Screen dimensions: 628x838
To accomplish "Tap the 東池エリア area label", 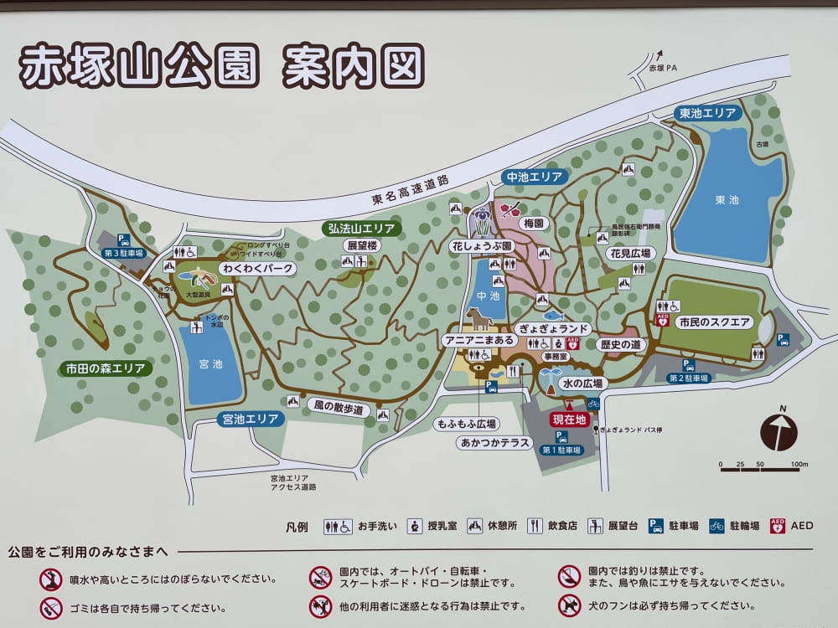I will point(708,113).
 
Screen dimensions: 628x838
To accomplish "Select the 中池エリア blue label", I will point(534,177).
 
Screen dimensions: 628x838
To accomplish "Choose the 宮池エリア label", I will point(251,419).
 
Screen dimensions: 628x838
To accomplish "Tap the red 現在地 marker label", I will point(570,420).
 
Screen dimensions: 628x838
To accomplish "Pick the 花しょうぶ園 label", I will point(482,247).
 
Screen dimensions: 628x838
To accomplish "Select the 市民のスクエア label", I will point(715,322).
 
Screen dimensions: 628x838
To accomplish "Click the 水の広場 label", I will point(582,383).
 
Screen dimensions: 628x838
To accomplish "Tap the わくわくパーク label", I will point(257,269).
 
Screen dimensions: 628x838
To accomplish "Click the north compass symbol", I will point(779,431).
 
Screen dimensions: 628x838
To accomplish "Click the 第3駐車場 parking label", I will point(124,253).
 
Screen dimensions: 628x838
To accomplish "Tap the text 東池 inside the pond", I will point(727,200).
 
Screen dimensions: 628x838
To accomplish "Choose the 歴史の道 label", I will point(620,345).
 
